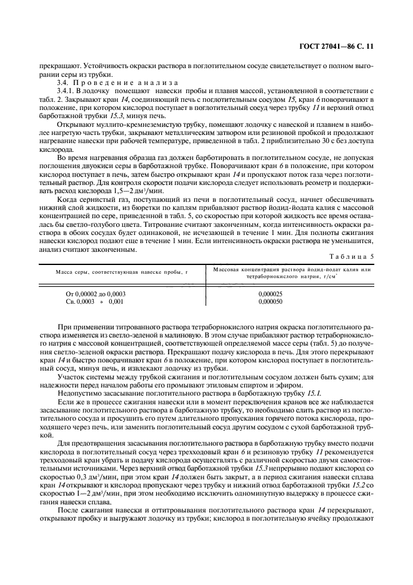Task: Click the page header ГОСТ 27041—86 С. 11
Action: coord(338,46)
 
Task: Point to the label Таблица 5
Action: coord(356,257)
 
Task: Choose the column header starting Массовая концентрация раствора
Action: coord(292,272)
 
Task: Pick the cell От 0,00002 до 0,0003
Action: coord(95,292)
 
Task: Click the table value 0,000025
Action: coord(270,292)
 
